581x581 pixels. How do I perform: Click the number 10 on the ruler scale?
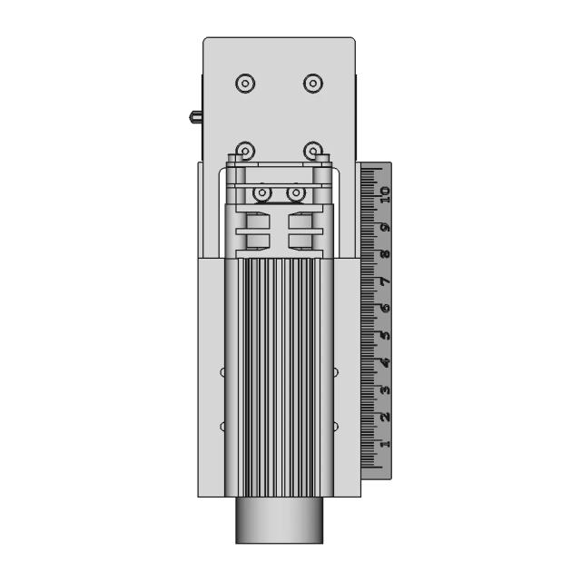click(384, 192)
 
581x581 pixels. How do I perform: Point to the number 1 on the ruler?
click(384, 444)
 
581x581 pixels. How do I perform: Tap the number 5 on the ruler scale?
click(384, 336)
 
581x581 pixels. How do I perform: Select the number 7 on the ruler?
click(384, 282)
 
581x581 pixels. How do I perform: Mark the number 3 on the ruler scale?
click(384, 390)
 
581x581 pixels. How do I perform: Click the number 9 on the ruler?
click(384, 228)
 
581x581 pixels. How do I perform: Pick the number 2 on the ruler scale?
click(384, 417)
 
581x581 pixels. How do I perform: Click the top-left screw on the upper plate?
click(244, 84)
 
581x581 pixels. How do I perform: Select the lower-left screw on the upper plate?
click(244, 150)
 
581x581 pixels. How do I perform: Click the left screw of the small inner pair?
click(262, 193)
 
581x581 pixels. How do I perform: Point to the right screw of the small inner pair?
click(295, 193)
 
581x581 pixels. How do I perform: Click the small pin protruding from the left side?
click(195, 116)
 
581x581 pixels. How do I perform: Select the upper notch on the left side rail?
click(223, 371)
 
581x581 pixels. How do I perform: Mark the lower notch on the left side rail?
click(223, 426)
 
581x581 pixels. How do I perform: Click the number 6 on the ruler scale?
click(384, 309)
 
